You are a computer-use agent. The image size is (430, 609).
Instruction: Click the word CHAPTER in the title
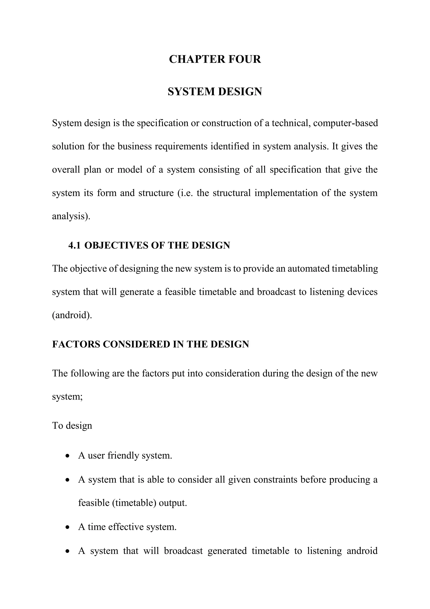click(x=197, y=59)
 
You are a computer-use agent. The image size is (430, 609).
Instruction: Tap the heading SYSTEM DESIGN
click(x=215, y=91)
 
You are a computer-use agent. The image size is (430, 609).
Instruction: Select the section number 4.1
click(x=74, y=245)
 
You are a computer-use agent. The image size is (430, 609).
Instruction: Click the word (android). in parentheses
click(x=72, y=315)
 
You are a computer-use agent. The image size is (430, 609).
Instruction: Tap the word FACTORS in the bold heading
click(x=76, y=344)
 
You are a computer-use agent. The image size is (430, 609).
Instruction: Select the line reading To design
click(x=72, y=425)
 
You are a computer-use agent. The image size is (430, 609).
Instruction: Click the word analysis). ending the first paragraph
click(x=71, y=216)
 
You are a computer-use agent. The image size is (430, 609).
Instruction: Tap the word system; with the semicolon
click(x=67, y=397)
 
